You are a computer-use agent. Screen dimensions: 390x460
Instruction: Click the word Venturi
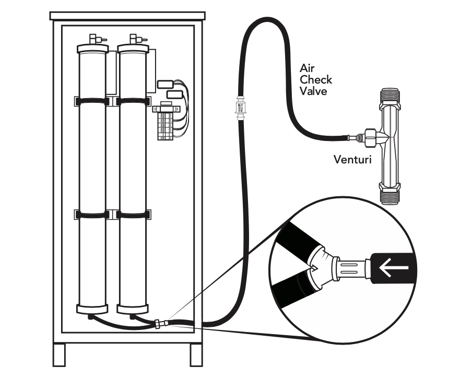(352, 159)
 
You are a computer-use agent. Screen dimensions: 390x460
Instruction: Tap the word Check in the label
(315, 80)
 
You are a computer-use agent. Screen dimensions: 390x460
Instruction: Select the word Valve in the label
(313, 91)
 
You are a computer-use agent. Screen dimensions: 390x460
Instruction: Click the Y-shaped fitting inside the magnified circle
(323, 265)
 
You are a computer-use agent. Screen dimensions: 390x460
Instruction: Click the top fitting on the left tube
(93, 40)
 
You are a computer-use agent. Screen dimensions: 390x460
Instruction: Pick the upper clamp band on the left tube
(92, 101)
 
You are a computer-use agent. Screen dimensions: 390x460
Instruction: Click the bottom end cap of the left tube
(92, 309)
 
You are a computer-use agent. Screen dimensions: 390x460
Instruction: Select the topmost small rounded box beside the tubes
(165, 84)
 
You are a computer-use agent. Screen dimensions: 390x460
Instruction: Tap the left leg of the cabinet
(59, 355)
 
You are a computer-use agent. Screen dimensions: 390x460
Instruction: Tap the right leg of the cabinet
(196, 355)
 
